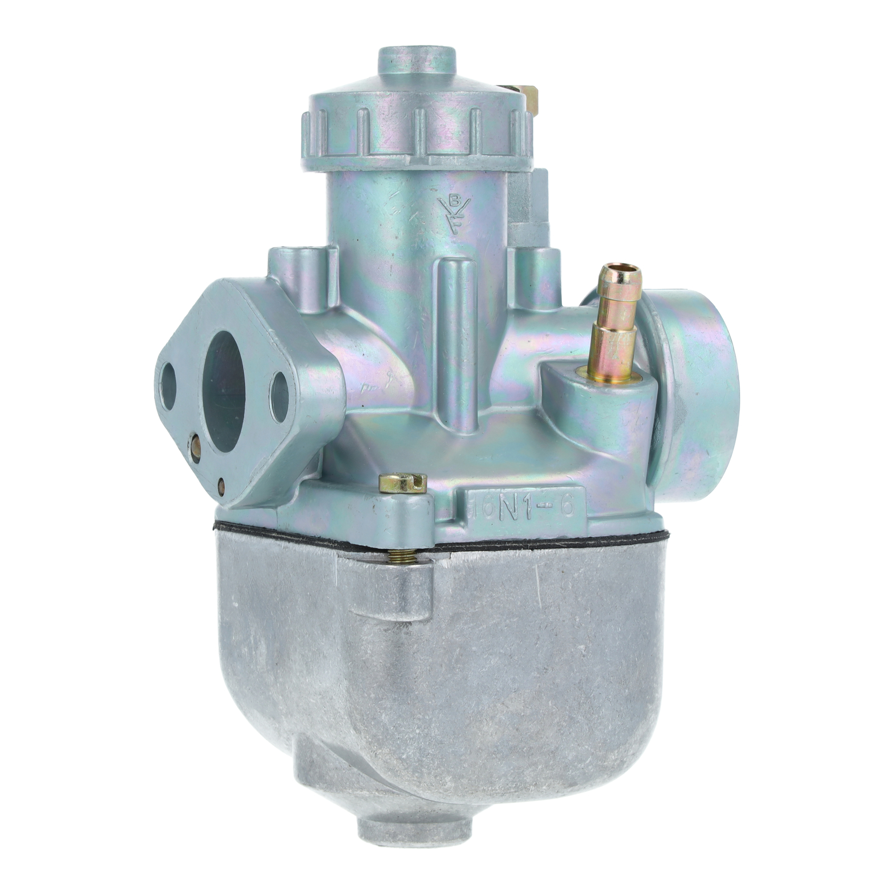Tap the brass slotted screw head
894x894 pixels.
[x=402, y=483]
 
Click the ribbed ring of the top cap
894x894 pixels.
[x=416, y=134]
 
